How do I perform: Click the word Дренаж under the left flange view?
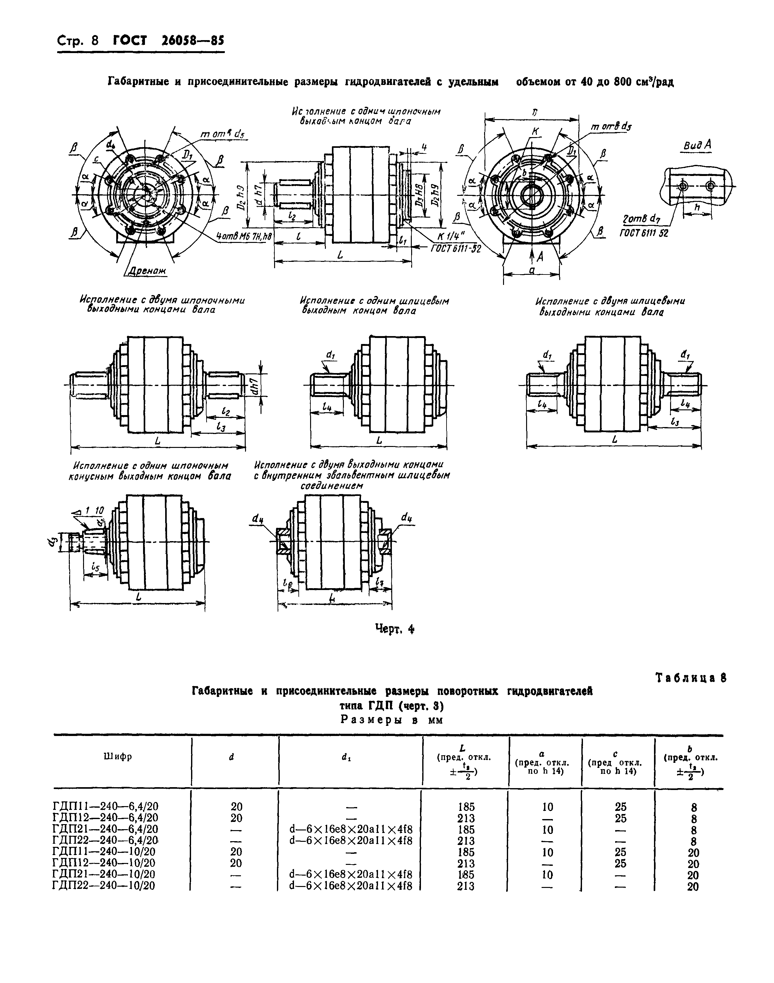146,271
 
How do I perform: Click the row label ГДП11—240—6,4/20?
105,806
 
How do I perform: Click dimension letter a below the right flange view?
532,270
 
